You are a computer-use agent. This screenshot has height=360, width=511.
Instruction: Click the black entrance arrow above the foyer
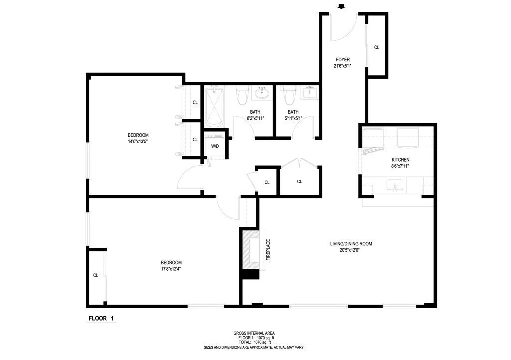[x=341, y=6]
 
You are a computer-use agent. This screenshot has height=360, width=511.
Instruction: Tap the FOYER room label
[x=343, y=59]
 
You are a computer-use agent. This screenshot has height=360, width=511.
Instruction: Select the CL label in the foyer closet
[x=377, y=48]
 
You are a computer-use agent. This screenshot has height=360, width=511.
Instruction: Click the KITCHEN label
[x=400, y=160]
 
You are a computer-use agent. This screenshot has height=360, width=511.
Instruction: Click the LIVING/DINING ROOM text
[x=351, y=244]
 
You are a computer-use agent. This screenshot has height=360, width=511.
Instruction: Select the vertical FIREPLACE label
[x=268, y=250]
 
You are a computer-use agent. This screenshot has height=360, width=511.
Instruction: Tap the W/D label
[x=215, y=146]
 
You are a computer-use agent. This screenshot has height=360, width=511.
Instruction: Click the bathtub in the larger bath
[x=214, y=106]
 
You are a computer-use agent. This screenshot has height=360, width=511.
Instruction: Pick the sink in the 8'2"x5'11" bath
[x=261, y=93]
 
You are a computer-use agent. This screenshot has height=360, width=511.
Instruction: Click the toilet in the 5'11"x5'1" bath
[x=289, y=94]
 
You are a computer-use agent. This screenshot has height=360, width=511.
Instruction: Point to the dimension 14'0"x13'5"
[x=138, y=142]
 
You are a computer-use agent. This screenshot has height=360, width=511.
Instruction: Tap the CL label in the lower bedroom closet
[x=95, y=275]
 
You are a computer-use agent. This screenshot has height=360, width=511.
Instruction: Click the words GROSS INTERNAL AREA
[x=254, y=333]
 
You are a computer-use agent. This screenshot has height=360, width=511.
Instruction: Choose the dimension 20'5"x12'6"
[x=351, y=250]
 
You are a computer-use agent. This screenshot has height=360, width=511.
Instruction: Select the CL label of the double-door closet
[x=300, y=182]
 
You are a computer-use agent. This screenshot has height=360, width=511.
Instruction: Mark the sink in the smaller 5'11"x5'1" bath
[x=310, y=92]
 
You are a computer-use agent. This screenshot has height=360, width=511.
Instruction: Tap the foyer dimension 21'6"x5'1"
[x=343, y=66]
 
